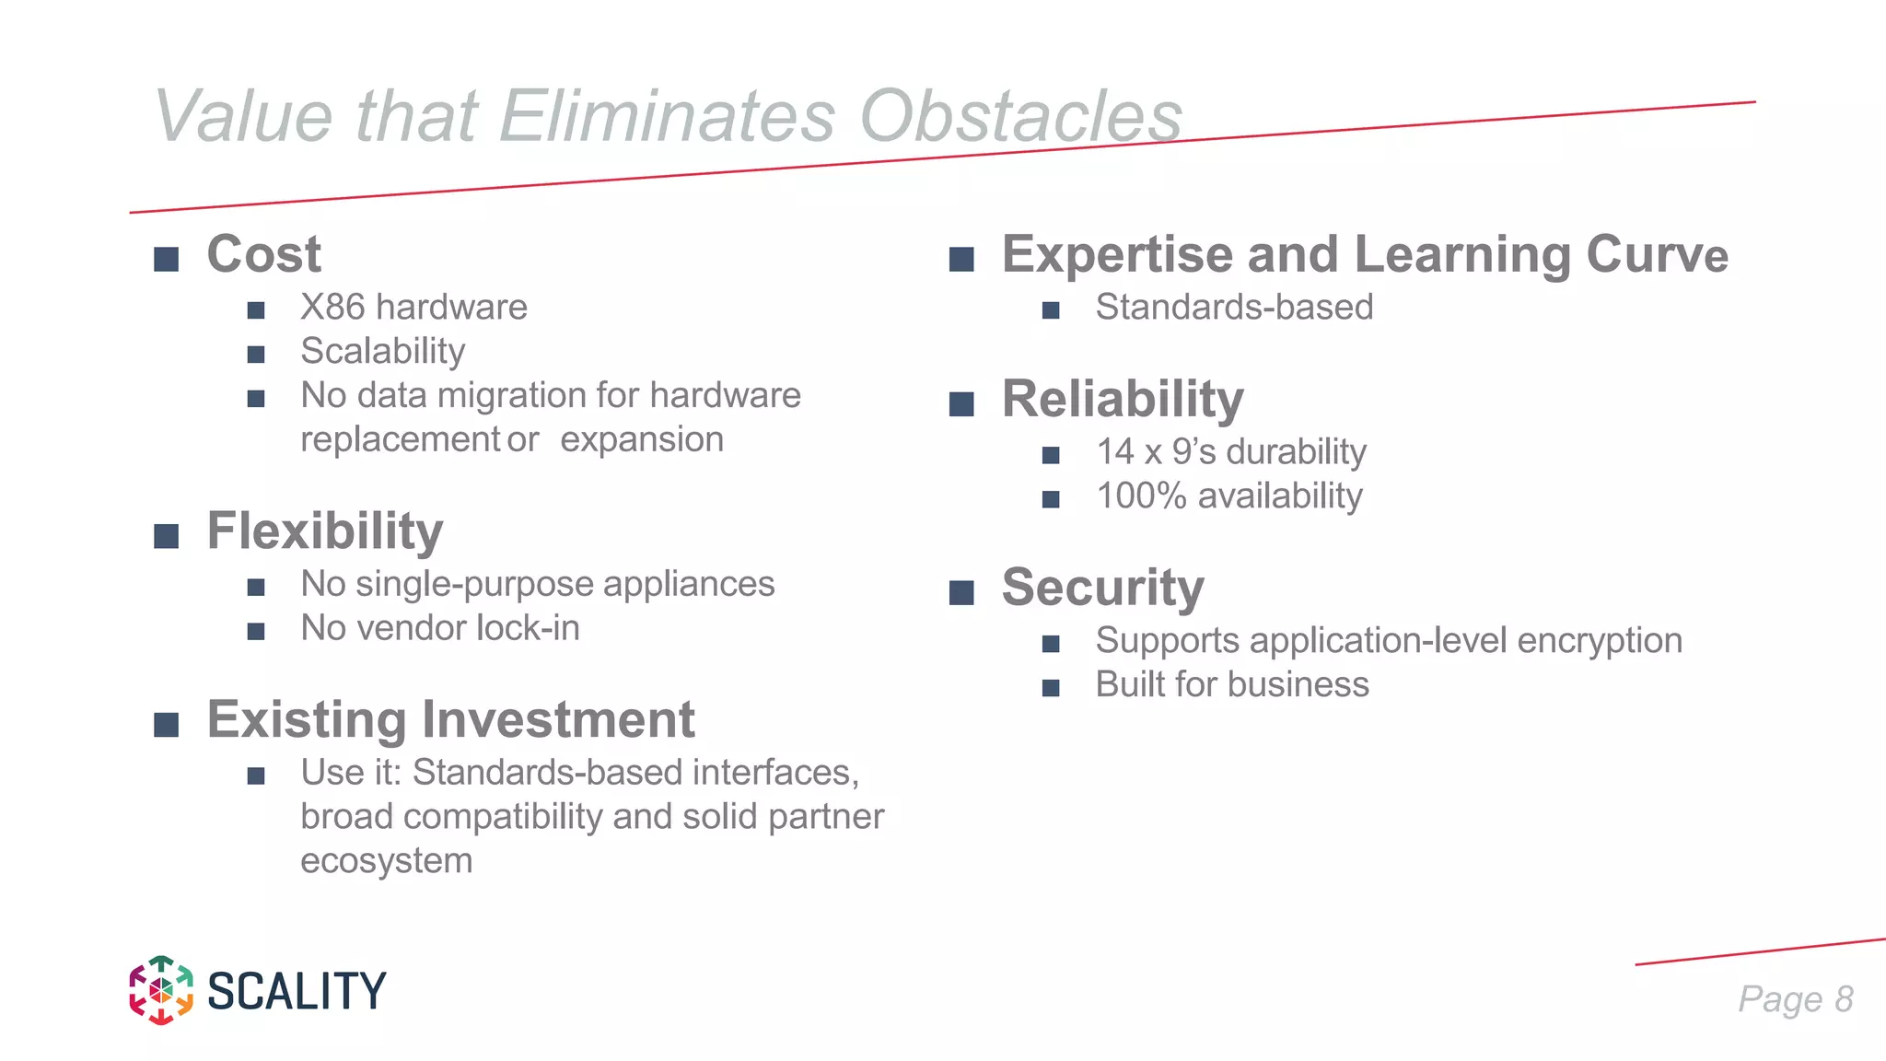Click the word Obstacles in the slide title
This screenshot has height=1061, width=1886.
tap(1020, 116)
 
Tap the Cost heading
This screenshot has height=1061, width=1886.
tap(263, 254)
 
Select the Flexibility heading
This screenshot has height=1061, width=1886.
tap(325, 531)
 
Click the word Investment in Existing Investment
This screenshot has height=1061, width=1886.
tap(558, 719)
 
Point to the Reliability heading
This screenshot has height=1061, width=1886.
tap(1123, 400)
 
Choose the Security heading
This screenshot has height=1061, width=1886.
tap(1102, 588)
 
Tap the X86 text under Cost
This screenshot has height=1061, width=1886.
tap(332, 307)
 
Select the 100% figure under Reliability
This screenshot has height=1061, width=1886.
tap(1141, 496)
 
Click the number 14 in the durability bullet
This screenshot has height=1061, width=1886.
tap(1114, 452)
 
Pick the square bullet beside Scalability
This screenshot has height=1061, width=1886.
tap(256, 355)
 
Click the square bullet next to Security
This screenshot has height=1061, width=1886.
tap(961, 592)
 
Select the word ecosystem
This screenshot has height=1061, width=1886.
tap(386, 861)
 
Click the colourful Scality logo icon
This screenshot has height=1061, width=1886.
tap(161, 990)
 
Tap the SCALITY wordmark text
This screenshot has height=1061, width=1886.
tap(297, 992)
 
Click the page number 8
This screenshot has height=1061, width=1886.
tap(1844, 999)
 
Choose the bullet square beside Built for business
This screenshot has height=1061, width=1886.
tap(1051, 688)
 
